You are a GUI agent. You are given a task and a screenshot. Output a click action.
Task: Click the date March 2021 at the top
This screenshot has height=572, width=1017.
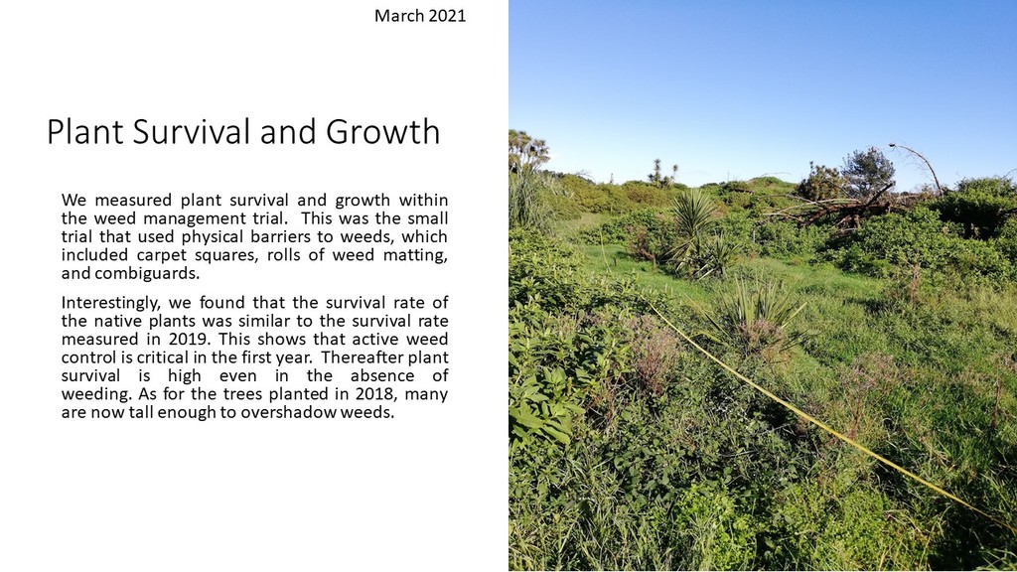tap(420, 16)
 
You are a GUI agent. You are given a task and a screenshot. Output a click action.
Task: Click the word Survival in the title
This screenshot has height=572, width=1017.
tap(192, 132)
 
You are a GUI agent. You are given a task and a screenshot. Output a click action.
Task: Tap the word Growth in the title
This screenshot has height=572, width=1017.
tap(382, 132)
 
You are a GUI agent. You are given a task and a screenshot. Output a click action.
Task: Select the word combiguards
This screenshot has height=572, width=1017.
tap(147, 273)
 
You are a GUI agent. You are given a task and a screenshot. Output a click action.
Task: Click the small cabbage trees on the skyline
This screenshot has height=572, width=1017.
tap(662, 172)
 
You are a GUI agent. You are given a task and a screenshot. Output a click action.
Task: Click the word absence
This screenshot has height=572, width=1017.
tap(380, 375)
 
